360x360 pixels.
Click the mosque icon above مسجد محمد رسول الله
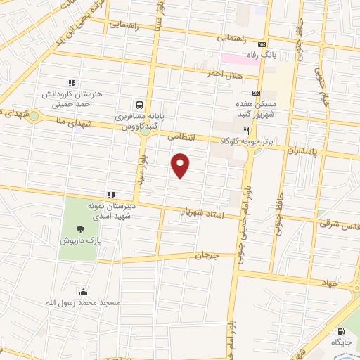coord(84,292)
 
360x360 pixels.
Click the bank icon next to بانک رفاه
coord(262,42)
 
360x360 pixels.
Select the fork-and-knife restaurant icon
coord(246,130)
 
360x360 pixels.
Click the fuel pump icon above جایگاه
coord(341,331)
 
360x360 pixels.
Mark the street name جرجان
coord(209,257)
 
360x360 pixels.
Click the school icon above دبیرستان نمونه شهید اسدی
coord(110,195)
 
